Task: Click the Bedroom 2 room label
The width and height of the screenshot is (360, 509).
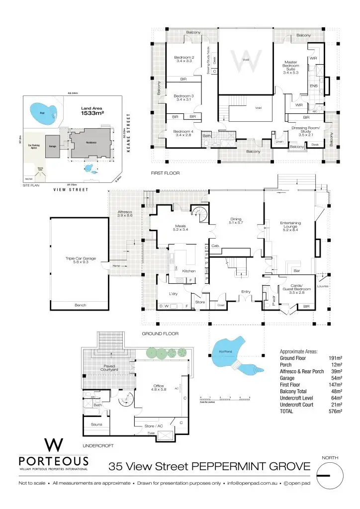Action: (x=183, y=59)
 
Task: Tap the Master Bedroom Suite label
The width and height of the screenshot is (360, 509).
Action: (x=290, y=67)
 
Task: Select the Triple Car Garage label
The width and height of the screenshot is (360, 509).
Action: (x=80, y=260)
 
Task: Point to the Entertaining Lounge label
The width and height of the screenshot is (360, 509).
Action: (x=290, y=226)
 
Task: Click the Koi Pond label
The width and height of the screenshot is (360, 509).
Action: (x=226, y=352)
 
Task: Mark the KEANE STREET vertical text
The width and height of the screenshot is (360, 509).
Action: (x=128, y=133)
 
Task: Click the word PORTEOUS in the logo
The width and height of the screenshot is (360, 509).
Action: (x=53, y=460)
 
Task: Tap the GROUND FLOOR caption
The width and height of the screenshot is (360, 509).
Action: (x=160, y=334)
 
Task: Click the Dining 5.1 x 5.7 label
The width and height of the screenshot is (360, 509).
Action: (x=236, y=221)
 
